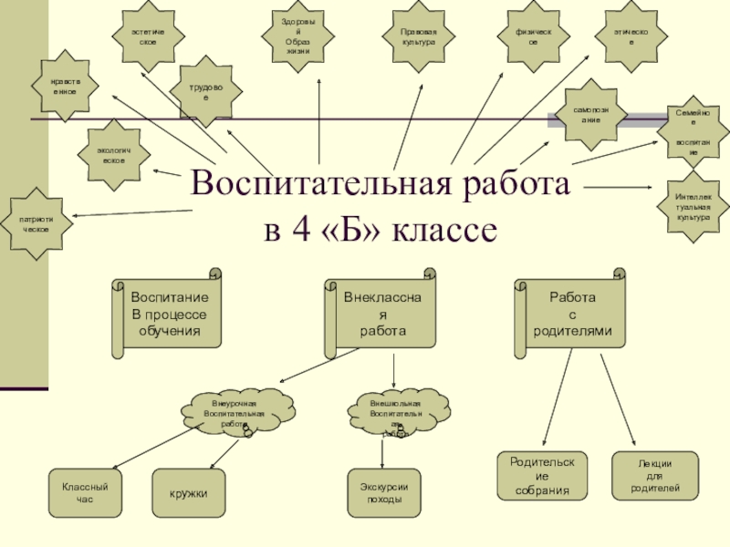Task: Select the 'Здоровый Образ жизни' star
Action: tap(298, 36)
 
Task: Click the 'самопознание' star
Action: tap(594, 114)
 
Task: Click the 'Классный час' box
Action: tap(84, 493)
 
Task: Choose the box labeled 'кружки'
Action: tap(188, 493)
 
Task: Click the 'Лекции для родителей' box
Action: tap(654, 476)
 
